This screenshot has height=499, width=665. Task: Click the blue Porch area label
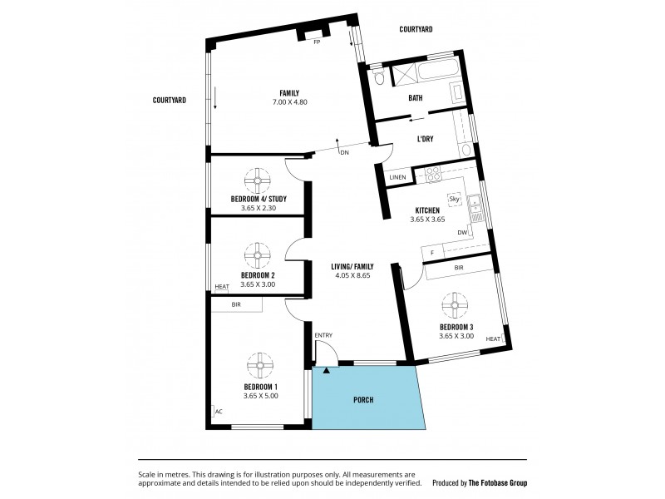pyautogui.click(x=362, y=400)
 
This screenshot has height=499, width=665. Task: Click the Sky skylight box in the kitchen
pyautogui.click(x=454, y=199)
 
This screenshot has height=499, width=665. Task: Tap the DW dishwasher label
pyautogui.click(x=461, y=232)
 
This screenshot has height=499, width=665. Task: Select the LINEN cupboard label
pyautogui.click(x=398, y=177)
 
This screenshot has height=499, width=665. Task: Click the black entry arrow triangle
pyautogui.click(x=327, y=370)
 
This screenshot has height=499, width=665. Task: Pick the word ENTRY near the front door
pyautogui.click(x=323, y=335)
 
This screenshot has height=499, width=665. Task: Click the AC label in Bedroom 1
pyautogui.click(x=219, y=411)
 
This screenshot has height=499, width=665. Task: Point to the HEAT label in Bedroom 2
pyautogui.click(x=222, y=287)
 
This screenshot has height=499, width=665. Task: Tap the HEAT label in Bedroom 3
pyautogui.click(x=493, y=338)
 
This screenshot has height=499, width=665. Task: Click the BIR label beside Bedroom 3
pyautogui.click(x=459, y=268)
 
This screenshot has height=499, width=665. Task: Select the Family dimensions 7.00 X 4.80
pyautogui.click(x=289, y=102)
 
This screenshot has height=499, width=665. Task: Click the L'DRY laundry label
pyautogui.click(x=428, y=139)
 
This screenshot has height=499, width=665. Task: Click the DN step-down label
pyautogui.click(x=343, y=152)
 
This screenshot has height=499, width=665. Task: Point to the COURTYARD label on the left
pyautogui.click(x=169, y=100)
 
